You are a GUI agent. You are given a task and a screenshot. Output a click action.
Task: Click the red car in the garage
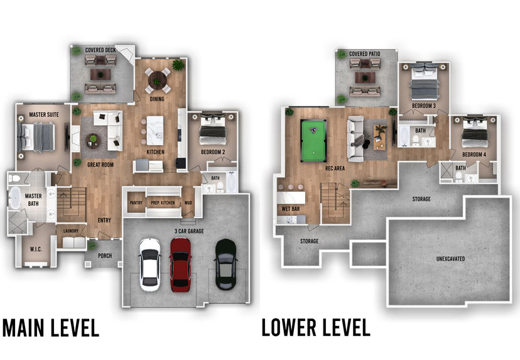click(x=180, y=265)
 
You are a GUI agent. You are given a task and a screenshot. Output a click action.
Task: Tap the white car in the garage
click(x=149, y=265)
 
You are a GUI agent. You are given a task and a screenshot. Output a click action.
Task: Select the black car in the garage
click(x=225, y=264)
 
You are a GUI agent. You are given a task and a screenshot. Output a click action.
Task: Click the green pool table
click(x=313, y=141)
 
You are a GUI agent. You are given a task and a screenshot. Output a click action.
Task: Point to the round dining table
click(x=158, y=80)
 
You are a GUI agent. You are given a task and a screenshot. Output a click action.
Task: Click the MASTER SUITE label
click(x=44, y=114)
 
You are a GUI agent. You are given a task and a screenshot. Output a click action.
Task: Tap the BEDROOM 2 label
click(x=213, y=152)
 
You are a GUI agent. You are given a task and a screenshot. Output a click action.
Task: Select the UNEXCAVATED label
click(x=450, y=259)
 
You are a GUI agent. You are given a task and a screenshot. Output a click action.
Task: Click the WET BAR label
click(x=291, y=209)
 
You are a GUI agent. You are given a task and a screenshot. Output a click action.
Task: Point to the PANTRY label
click(x=136, y=203)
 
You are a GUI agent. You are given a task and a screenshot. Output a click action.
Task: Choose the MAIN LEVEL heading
click(x=51, y=328)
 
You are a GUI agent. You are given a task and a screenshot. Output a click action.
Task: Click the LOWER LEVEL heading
click(x=316, y=327)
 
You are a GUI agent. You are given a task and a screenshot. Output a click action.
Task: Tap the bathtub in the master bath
click(x=15, y=198)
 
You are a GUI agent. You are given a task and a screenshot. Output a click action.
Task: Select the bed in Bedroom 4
click(x=475, y=132)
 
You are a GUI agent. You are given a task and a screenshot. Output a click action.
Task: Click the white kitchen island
click(x=155, y=131)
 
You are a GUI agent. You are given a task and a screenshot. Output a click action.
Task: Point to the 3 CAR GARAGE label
click(x=189, y=231)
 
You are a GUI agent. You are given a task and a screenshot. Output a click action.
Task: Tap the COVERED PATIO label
click(x=364, y=54)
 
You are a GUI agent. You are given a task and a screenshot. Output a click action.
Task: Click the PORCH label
click(x=105, y=256)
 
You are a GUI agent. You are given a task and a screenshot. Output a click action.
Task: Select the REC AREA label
click(x=335, y=168)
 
